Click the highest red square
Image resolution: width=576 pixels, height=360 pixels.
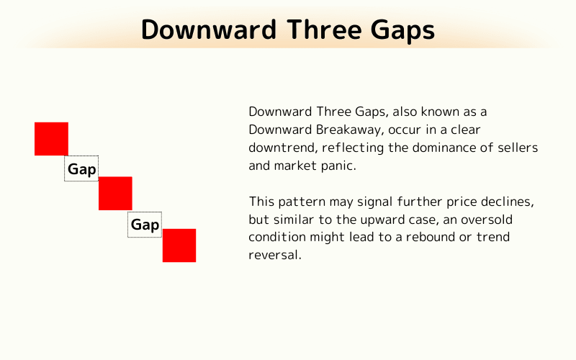51,139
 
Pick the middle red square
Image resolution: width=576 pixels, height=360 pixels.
115,193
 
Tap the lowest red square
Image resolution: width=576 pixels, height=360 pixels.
179,246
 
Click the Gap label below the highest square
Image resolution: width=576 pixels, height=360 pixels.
81,169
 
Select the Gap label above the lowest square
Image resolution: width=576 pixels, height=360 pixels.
145,225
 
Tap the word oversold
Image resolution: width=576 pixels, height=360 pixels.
486,219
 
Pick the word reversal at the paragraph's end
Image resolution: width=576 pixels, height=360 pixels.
274,255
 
